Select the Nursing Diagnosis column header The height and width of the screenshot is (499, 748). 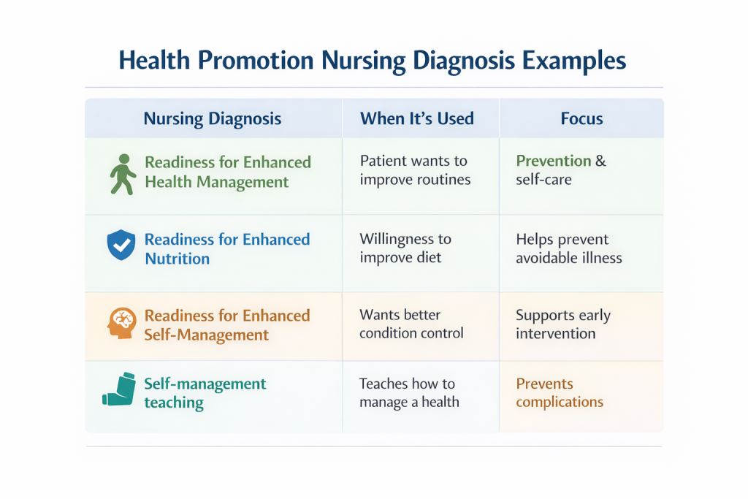click(x=213, y=118)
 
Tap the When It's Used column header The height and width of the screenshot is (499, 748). click(x=417, y=118)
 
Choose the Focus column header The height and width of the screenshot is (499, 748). click(x=581, y=118)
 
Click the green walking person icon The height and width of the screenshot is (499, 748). click(x=122, y=173)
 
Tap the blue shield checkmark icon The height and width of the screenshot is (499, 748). click(x=120, y=245)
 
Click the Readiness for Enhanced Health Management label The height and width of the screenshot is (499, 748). click(x=227, y=172)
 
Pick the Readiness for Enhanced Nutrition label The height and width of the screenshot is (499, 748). click(x=226, y=248)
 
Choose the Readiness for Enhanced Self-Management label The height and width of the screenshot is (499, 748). click(x=226, y=325)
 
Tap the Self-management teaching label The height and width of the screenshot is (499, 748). click(x=205, y=393)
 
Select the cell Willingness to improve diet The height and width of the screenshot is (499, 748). click(x=405, y=248)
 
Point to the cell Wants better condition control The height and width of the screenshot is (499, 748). click(x=411, y=324)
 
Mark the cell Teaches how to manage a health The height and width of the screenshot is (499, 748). click(x=409, y=392)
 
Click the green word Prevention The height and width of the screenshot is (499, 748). click(x=553, y=161)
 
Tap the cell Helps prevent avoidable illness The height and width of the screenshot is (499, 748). click(x=568, y=248)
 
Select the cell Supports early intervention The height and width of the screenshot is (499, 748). click(x=562, y=324)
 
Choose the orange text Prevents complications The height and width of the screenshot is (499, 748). click(x=560, y=392)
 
